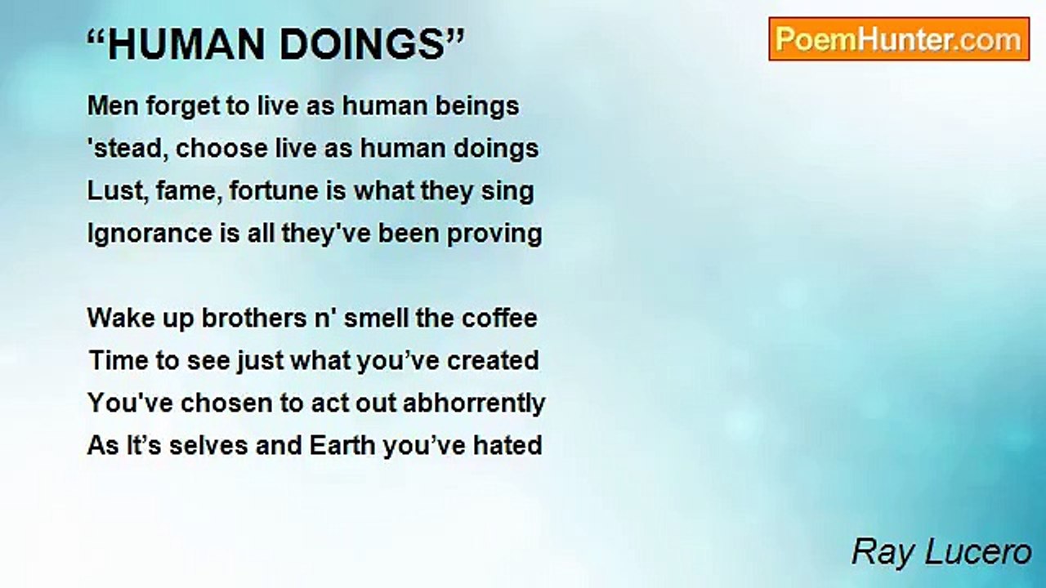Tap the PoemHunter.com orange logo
pyautogui.click(x=899, y=39)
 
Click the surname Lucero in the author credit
pyautogui.click(x=978, y=553)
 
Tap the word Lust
pyautogui.click(x=118, y=192)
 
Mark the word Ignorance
pyautogui.click(x=150, y=234)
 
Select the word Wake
pyautogui.click(x=121, y=318)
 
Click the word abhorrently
pyautogui.click(x=473, y=404)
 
